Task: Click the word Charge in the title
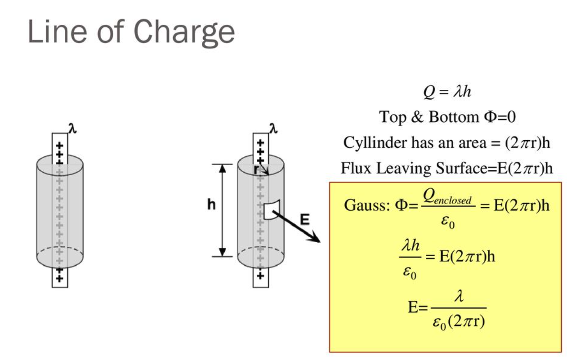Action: [x=184, y=33]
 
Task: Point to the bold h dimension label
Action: [x=211, y=205]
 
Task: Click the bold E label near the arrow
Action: [x=305, y=219]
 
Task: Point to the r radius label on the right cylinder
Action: [x=256, y=169]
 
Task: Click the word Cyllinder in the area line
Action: [x=371, y=143]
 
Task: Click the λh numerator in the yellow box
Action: [x=410, y=247]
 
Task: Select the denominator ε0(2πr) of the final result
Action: [x=458, y=323]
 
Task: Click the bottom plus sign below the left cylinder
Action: [x=59, y=279]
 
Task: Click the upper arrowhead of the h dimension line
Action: [x=222, y=168]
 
